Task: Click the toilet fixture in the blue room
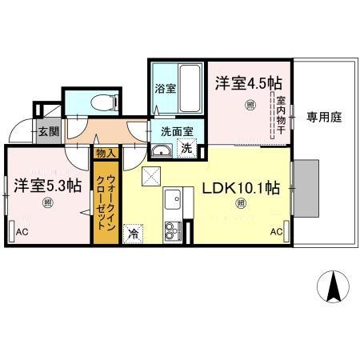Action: pyautogui.click(x=99, y=102)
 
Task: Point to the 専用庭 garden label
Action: pyautogui.click(x=324, y=117)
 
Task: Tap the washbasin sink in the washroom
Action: pyautogui.click(x=162, y=151)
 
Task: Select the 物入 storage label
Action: pyautogui.click(x=106, y=152)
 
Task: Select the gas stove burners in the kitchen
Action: pyautogui.click(x=172, y=233)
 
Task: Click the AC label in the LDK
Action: pyautogui.click(x=276, y=232)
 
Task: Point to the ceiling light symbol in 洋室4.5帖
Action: pyautogui.click(x=250, y=103)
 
